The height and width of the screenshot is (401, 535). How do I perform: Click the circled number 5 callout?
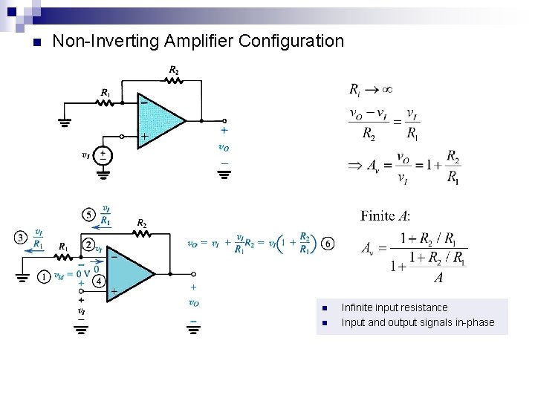point(88,215)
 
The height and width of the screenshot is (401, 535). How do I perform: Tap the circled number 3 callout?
point(20,238)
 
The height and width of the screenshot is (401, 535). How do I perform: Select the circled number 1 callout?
point(45,277)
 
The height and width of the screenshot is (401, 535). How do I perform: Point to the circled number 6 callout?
point(328,244)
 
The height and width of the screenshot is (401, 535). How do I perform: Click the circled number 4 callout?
point(97,281)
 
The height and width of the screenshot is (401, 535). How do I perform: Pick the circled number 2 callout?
point(88,244)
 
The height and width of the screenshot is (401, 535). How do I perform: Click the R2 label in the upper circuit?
point(173,71)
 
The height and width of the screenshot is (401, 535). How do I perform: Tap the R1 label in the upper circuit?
point(106,93)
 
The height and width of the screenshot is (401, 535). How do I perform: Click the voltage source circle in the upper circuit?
point(103,156)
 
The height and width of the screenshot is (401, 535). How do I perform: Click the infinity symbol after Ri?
point(386,90)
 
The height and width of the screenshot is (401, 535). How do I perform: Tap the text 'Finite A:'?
point(386,216)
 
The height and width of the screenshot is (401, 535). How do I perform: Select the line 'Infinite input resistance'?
point(394,307)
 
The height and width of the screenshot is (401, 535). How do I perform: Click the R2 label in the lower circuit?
point(141,223)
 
